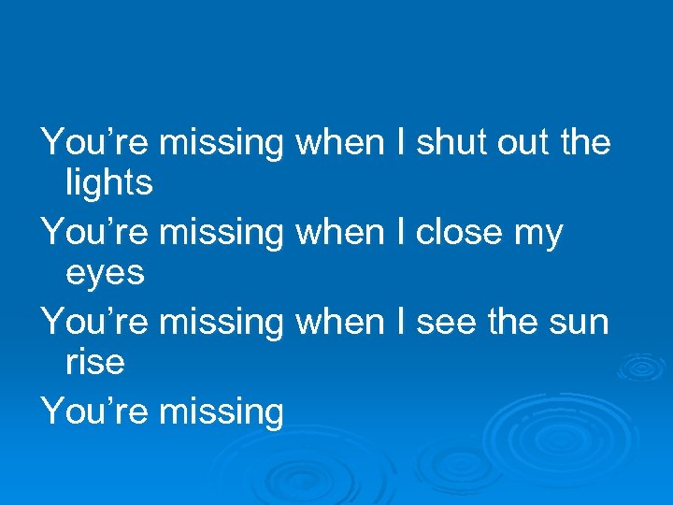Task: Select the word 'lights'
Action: pos(108,183)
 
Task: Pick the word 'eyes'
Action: pos(105,274)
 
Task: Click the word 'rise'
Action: pos(94,362)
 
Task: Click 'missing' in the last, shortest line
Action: pos(222,412)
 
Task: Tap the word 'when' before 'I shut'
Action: pos(338,143)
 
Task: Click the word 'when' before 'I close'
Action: pos(338,233)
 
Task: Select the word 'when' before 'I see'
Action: pos(338,323)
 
